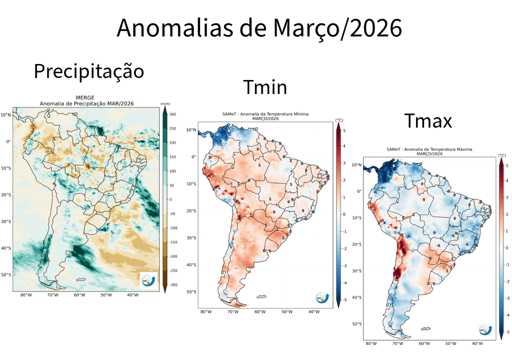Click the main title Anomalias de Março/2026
259,28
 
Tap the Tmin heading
265,87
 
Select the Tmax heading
427,120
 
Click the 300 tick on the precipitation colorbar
172,114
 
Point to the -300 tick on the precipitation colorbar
172,284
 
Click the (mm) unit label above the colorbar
165,104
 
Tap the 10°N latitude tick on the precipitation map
5,114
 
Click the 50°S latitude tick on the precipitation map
5,274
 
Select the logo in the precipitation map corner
148,280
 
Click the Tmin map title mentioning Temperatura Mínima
265,114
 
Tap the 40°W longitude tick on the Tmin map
313,312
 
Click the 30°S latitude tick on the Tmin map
190,237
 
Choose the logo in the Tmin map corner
323,298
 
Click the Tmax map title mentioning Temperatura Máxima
429,149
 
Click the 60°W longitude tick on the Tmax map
423,344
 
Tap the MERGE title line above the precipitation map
85,97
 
